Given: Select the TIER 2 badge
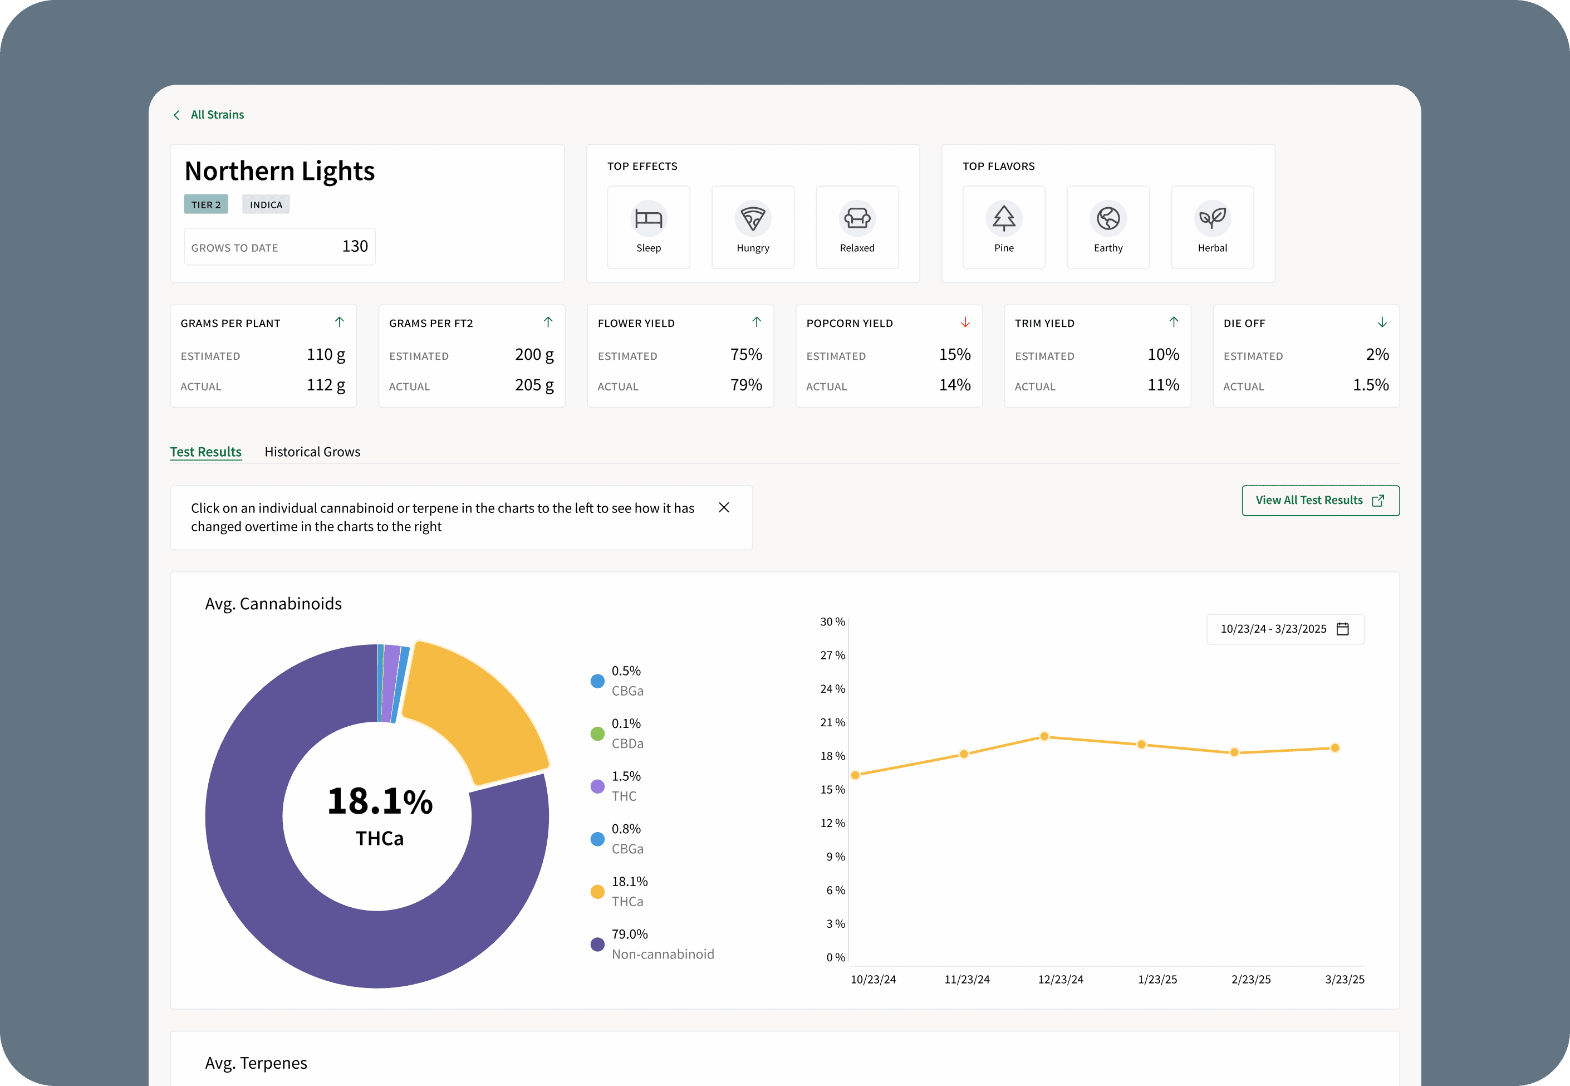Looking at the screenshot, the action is pos(205,205).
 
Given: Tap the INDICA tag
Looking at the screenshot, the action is pos(266,205).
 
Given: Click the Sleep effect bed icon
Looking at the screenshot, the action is pos(648,218).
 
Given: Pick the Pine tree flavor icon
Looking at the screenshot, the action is pos(1004,218).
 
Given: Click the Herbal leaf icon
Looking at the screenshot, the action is pos(1212,218).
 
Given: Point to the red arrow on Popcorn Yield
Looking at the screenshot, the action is pos(965,322).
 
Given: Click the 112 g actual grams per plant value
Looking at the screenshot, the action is pos(326,385).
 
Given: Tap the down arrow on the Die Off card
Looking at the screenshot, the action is pos(1382,322).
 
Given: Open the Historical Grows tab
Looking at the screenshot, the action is pos(312,452).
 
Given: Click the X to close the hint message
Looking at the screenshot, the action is pos(724,507).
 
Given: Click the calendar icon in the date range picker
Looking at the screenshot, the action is pos(1343,629).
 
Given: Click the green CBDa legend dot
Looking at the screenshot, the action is pos(597,733).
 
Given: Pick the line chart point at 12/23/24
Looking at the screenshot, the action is pos(1044,736).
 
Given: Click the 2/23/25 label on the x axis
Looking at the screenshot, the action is pos(1251,980).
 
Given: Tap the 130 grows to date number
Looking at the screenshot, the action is pos(355,246).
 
